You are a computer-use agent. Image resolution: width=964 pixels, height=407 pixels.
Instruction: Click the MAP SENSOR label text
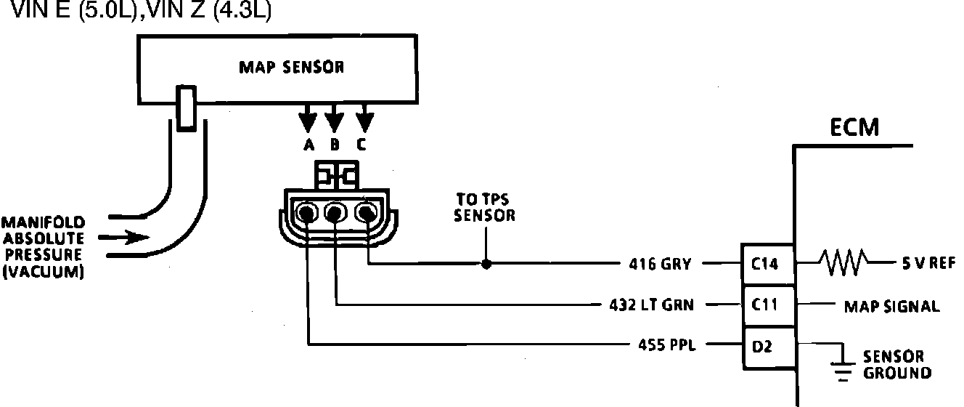291,68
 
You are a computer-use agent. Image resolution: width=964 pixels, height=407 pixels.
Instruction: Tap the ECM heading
854,129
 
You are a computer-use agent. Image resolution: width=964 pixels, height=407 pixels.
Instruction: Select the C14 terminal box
766,264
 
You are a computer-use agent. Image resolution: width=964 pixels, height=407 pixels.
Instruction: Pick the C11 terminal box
766,305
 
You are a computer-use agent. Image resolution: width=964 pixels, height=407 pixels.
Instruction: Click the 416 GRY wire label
662,265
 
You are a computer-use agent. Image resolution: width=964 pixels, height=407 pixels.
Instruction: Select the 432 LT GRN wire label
652,305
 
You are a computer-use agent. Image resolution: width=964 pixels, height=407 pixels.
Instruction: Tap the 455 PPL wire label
662,345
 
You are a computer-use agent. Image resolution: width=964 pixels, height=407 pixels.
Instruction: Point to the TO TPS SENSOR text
485,207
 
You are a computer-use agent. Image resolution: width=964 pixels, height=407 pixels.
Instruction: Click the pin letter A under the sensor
309,145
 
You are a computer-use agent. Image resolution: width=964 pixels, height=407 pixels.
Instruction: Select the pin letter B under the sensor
335,145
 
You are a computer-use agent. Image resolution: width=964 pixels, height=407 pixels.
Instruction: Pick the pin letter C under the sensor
361,145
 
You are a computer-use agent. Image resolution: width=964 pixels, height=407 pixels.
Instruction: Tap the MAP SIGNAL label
891,307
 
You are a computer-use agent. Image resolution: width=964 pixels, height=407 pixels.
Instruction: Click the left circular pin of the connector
309,214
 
